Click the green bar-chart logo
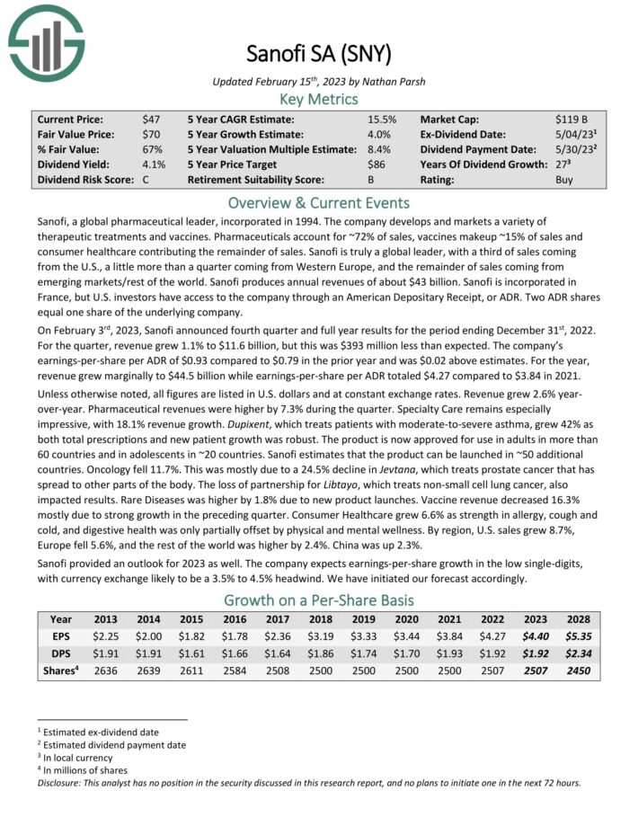pos(43,41)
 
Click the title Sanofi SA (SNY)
pos(318,55)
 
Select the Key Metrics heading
pos(319,99)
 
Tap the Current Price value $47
pos(151,119)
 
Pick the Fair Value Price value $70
pos(151,134)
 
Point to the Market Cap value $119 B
pos(572,119)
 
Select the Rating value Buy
pos(565,180)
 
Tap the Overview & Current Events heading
pos(319,202)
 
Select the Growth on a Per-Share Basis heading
pos(319,600)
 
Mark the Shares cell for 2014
pos(149,671)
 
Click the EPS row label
pos(61,636)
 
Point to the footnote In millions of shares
pos(86,769)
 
